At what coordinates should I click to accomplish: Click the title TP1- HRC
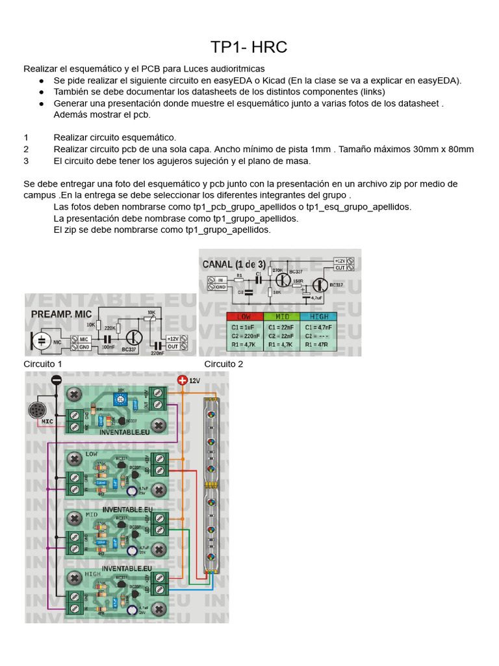point(249,47)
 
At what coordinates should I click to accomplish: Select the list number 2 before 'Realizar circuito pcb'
point(26,149)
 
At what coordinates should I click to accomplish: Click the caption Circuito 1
point(43,364)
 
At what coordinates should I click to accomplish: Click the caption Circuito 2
point(224,364)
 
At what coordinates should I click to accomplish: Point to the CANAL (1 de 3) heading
point(234,264)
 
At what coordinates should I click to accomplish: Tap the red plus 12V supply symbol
point(182,380)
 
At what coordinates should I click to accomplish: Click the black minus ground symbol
point(57,380)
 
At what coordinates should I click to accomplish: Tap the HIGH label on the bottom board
point(92,575)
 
